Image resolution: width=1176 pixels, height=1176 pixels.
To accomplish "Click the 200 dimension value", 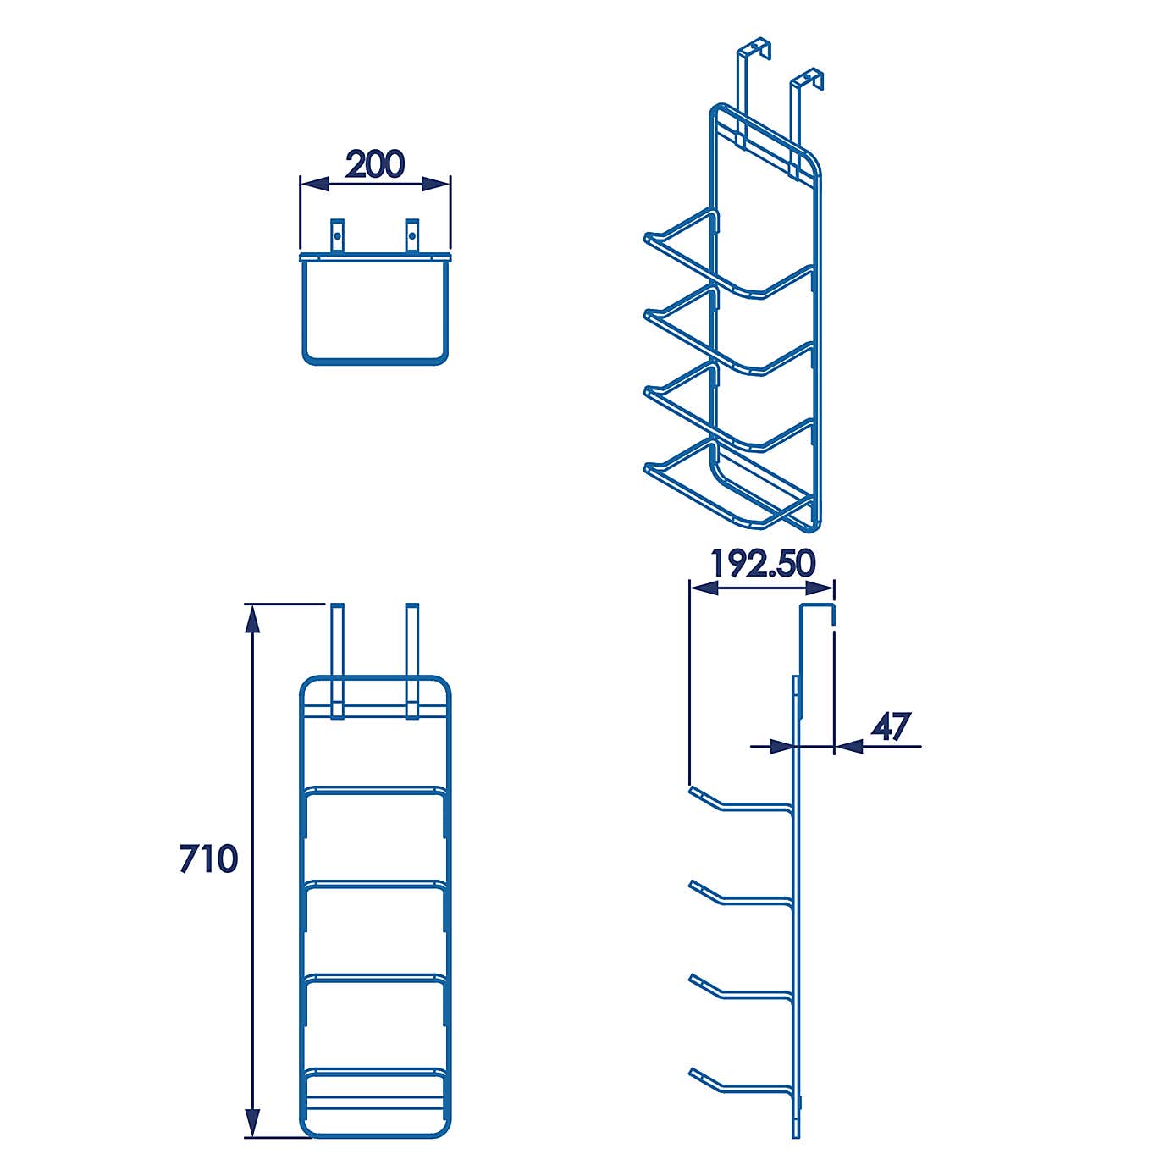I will (x=375, y=164).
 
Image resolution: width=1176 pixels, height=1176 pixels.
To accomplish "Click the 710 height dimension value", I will (x=208, y=859).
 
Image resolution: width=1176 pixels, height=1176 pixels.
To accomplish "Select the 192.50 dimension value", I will (x=762, y=564).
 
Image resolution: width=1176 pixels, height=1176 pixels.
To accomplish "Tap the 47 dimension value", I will (x=891, y=726).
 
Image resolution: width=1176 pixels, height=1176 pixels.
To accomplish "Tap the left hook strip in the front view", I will (x=337, y=660).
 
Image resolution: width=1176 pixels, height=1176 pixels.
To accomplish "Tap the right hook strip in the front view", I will (x=412, y=660).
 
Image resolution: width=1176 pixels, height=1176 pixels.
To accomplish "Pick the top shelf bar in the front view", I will (x=375, y=792).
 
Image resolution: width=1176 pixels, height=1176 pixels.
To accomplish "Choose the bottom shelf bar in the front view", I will (x=375, y=1074).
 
